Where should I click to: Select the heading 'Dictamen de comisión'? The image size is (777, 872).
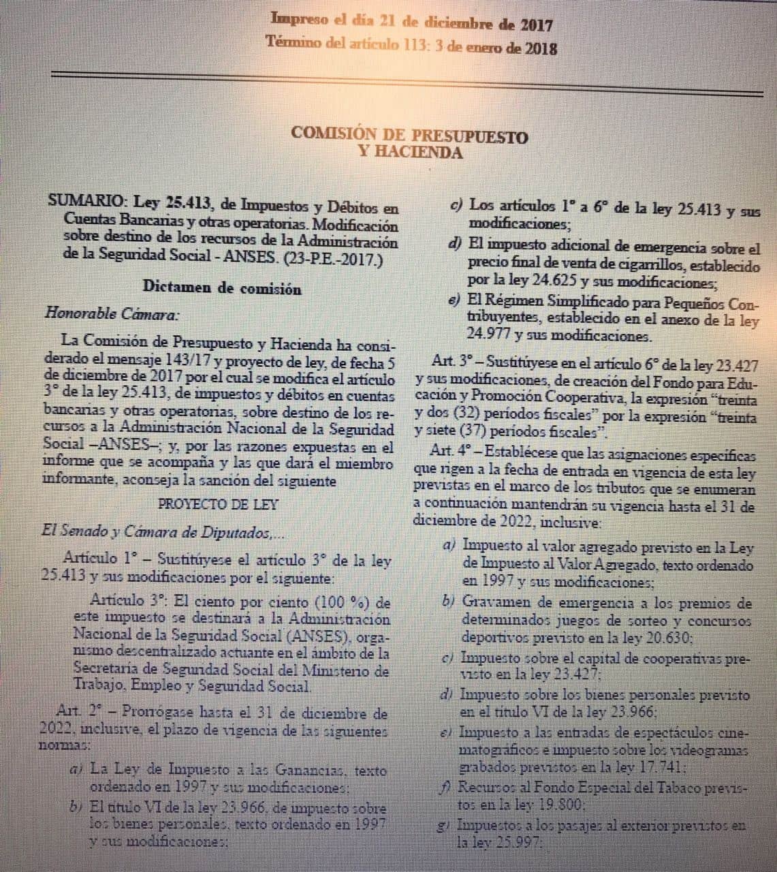[222, 288]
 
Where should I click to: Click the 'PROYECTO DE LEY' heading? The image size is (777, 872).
[218, 505]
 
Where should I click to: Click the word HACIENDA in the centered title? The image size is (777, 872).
[411, 153]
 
